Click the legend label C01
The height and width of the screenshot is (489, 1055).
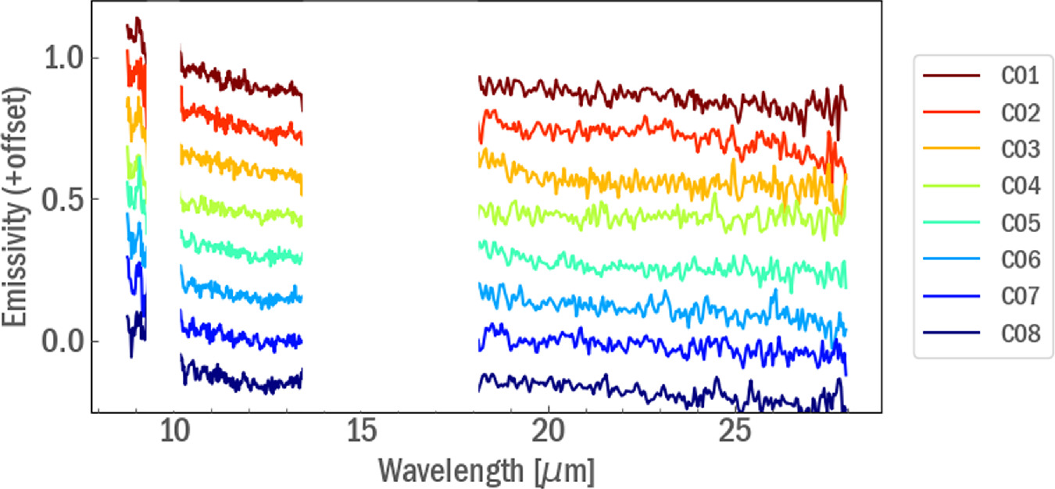click(1021, 77)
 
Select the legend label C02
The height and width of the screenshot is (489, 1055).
click(1021, 113)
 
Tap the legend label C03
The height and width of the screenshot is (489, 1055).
click(1021, 150)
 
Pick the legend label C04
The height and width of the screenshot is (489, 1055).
click(1021, 187)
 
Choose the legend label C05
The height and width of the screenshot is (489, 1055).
click(1021, 223)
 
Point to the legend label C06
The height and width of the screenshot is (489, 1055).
click(1021, 260)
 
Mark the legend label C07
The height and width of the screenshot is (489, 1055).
click(1021, 297)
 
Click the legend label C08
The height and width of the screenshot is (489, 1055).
click(1021, 334)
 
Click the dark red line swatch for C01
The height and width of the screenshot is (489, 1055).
click(952, 77)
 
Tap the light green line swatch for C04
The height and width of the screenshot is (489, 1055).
click(952, 187)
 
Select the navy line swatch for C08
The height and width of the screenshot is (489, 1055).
click(952, 334)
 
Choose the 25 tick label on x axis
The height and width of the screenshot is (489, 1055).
click(735, 432)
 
